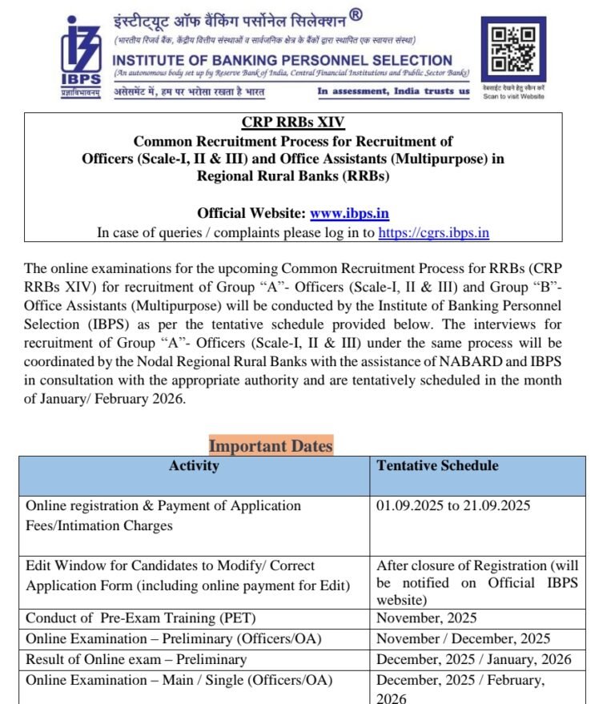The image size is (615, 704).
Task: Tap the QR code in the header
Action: [x=512, y=50]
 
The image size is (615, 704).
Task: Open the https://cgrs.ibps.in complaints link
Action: [x=433, y=232]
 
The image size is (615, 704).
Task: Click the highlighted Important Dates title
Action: [x=271, y=445]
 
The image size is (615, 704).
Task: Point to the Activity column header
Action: [x=194, y=465]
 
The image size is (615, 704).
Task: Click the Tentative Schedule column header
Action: [x=437, y=465]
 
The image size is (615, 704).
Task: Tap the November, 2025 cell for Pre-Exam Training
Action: [x=427, y=618]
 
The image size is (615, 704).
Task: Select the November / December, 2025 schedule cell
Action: [x=463, y=639]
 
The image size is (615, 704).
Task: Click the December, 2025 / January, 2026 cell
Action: [x=474, y=660]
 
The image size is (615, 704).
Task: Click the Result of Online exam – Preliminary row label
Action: [x=136, y=660]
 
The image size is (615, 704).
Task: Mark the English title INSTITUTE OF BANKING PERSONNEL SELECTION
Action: [x=283, y=60]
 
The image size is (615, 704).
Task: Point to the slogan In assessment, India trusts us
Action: [x=393, y=91]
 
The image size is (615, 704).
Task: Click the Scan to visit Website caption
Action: [x=513, y=96]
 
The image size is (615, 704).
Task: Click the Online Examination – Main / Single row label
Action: [x=179, y=680]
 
